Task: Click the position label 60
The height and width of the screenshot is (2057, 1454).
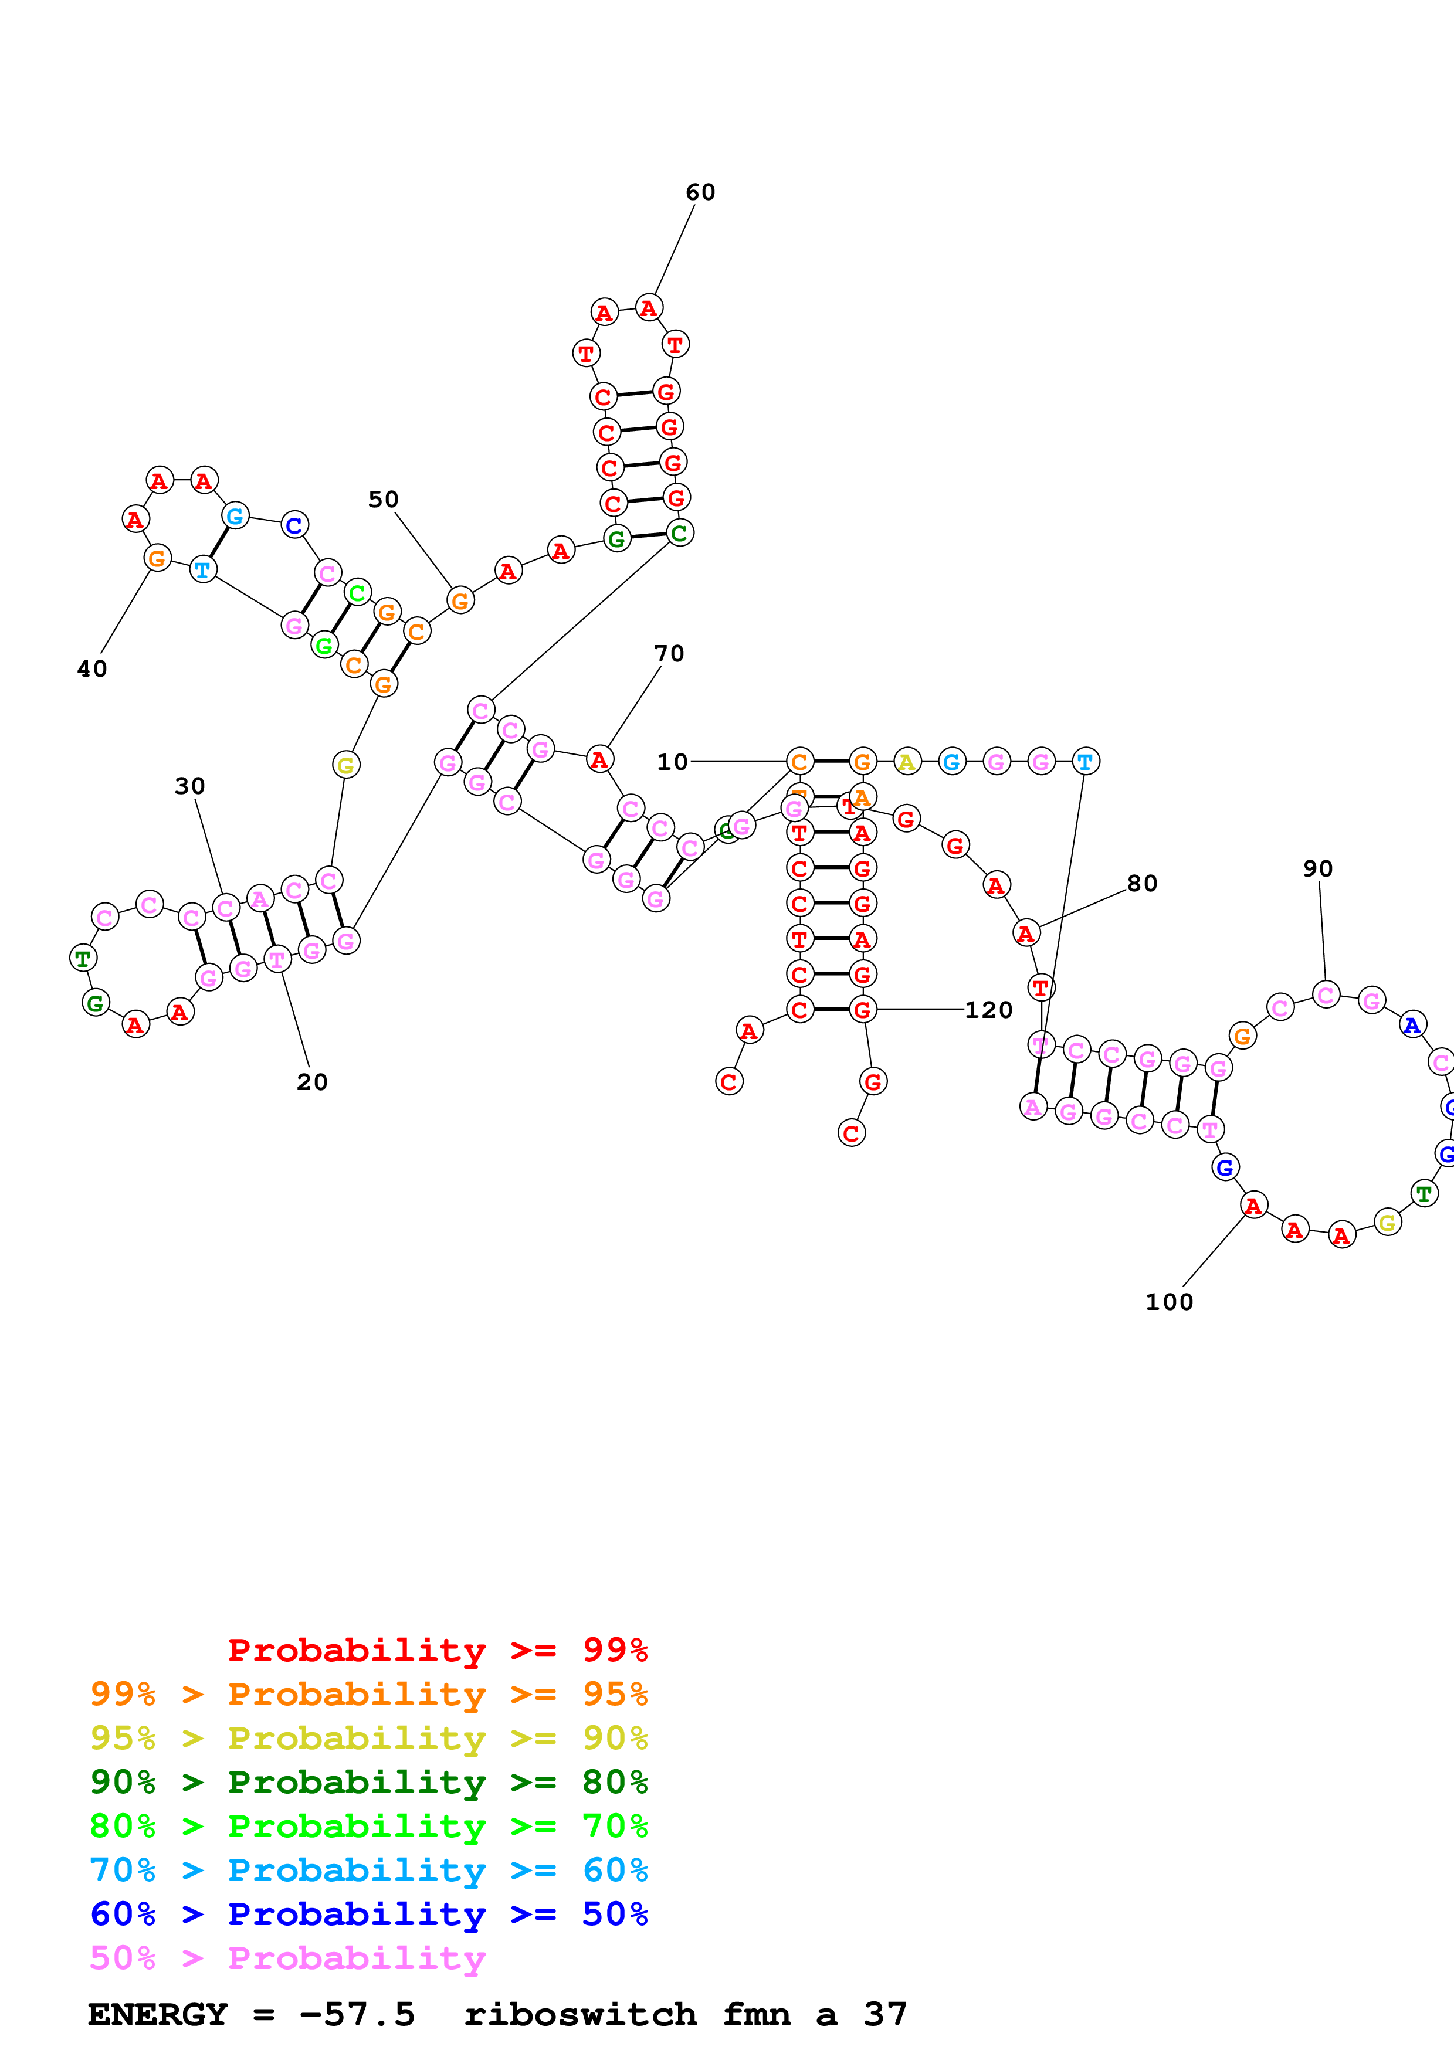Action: point(700,192)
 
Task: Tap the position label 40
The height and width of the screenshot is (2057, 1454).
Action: point(92,669)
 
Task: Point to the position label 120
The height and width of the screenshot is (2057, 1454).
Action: point(988,1010)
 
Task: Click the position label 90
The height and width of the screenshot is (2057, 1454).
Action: point(1318,869)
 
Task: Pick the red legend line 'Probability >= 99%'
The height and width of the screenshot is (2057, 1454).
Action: point(437,1650)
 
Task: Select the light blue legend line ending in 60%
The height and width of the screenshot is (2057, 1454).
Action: point(368,1870)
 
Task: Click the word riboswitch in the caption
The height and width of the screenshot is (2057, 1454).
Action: point(579,2015)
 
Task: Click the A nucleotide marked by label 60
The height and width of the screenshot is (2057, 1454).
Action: point(649,308)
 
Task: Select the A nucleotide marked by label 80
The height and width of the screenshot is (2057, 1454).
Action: point(1026,934)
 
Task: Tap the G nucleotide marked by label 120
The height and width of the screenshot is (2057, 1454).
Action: point(862,1010)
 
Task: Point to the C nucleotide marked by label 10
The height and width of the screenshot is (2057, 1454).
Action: point(799,762)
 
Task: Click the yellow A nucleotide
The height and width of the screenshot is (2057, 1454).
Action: point(907,762)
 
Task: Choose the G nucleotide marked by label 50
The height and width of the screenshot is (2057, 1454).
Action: point(460,600)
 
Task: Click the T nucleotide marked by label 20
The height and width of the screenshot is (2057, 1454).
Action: point(277,959)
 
